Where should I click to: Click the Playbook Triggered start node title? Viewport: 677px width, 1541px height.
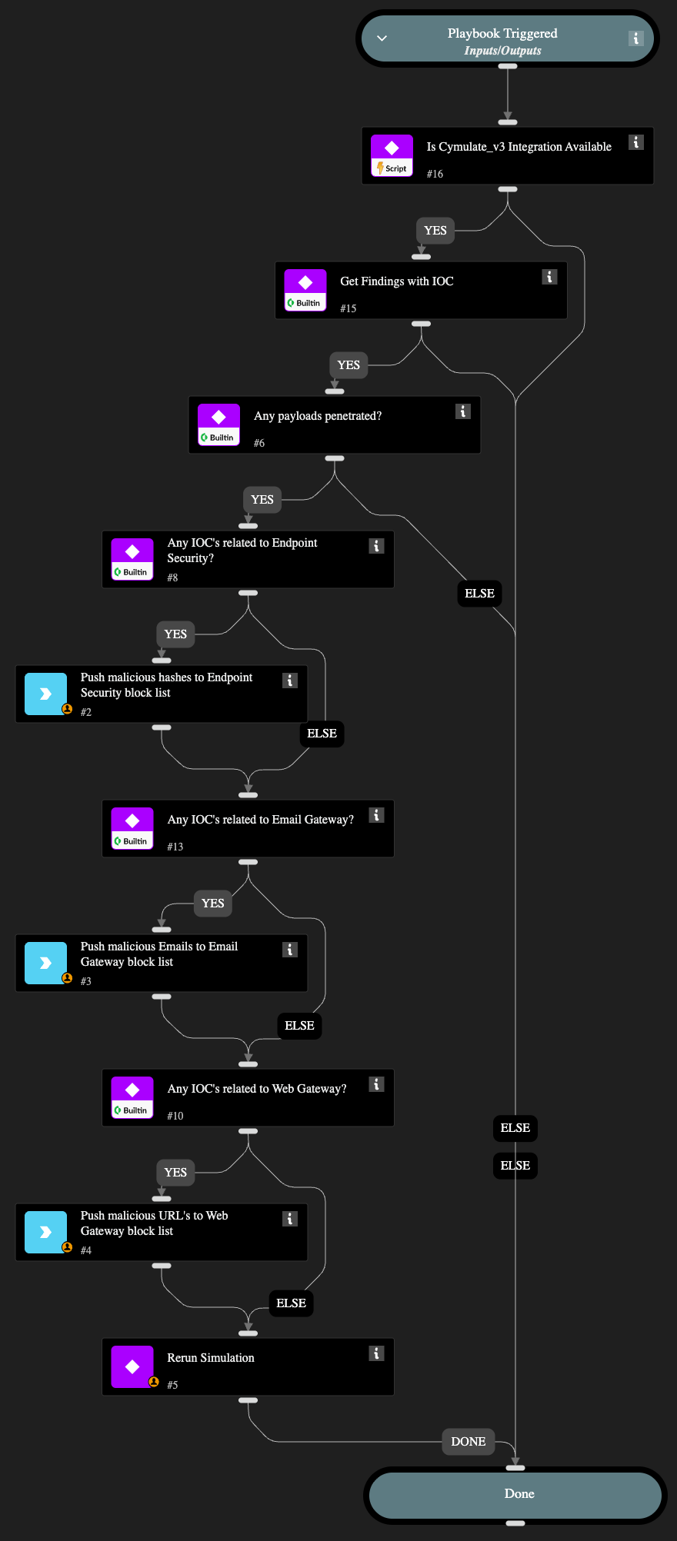pyautogui.click(x=502, y=33)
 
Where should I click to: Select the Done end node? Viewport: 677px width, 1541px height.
pyautogui.click(x=519, y=1493)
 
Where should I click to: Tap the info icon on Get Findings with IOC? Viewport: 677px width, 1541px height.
pyautogui.click(x=549, y=277)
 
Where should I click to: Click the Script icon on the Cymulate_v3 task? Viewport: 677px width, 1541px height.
pyautogui.click(x=392, y=155)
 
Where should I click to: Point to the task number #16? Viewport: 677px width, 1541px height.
pyautogui.click(x=435, y=174)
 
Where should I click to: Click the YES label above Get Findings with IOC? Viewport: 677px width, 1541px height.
pyautogui.click(x=435, y=230)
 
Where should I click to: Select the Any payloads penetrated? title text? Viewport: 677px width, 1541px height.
pyautogui.click(x=318, y=416)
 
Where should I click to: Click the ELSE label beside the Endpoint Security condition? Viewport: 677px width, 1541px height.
pyautogui.click(x=479, y=593)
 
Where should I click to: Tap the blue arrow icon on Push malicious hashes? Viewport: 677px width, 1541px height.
pyautogui.click(x=45, y=694)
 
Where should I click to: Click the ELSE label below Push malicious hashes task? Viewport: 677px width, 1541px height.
pyautogui.click(x=322, y=733)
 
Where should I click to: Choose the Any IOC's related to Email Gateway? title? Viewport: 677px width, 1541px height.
pyautogui.click(x=261, y=820)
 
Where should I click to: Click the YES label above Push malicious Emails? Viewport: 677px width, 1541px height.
pyautogui.click(x=212, y=903)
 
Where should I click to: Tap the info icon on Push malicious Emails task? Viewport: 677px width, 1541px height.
pyautogui.click(x=290, y=950)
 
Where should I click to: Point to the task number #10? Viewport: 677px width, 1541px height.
pyautogui.click(x=175, y=1116)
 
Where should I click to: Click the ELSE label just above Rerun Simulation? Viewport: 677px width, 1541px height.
pyautogui.click(x=291, y=1303)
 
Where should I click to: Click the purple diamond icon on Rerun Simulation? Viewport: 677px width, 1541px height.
pyautogui.click(x=132, y=1366)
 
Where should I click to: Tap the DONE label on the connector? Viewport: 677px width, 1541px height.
pyautogui.click(x=468, y=1441)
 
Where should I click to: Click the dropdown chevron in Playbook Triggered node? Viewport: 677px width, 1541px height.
pyautogui.click(x=382, y=38)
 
